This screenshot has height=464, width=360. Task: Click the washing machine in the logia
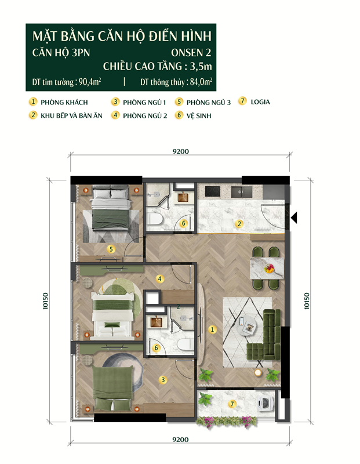coord(266,403)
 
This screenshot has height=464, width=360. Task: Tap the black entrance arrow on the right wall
coord(294,217)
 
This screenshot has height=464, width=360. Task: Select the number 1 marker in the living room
coord(212,329)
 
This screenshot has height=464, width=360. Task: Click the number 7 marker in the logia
coord(232,404)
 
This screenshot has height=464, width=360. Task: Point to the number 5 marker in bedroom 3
coord(111,249)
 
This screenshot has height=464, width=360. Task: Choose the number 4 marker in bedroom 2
coord(160,279)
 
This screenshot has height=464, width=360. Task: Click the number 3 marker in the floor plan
coord(163,380)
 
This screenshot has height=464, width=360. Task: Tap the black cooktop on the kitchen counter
coord(213,191)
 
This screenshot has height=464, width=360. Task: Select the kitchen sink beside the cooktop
coord(241,192)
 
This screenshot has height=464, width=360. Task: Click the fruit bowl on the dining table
coord(269,269)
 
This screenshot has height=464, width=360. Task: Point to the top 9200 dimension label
coord(181,151)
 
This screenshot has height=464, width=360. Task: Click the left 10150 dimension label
coord(45,301)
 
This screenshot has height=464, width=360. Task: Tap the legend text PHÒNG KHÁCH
coord(64,103)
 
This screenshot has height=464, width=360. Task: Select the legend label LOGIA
coord(260,102)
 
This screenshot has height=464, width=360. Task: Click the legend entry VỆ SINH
coord(199,115)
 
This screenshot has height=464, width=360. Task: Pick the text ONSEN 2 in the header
coord(191,53)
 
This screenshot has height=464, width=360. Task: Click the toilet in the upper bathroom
coord(155,219)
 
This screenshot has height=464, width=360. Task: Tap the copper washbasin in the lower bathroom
coord(156,322)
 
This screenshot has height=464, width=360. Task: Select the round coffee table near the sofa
coord(247,325)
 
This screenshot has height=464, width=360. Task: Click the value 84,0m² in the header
coord(201,82)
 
